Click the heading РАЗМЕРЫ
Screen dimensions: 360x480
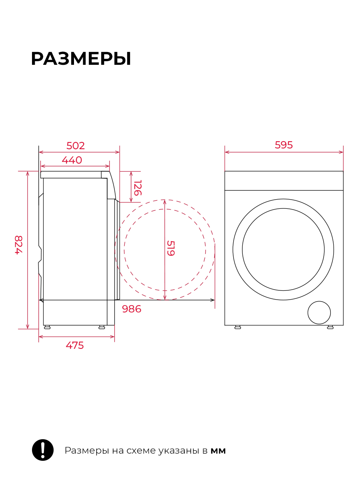click(81, 59)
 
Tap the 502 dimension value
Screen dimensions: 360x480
click(76, 146)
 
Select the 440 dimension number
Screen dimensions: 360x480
click(72, 160)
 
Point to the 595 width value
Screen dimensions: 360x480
click(284, 145)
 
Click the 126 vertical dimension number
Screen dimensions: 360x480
click(138, 188)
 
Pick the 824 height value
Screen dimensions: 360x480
click(18, 245)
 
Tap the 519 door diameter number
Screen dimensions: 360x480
click(171, 248)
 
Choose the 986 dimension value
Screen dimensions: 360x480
click(132, 309)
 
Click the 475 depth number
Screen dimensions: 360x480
click(75, 345)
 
